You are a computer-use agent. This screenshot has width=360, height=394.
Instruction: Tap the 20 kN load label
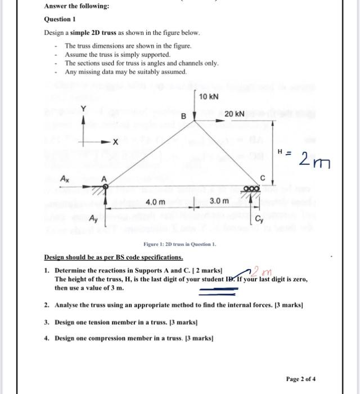[234, 114]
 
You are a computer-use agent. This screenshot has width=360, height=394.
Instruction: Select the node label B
[183, 117]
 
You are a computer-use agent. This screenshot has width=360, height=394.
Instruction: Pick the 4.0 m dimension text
[155, 202]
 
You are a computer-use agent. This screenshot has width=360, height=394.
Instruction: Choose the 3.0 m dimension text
[219, 202]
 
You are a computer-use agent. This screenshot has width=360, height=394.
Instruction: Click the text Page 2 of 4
[304, 378]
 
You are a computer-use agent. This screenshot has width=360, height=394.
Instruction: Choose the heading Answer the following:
[69, 6]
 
